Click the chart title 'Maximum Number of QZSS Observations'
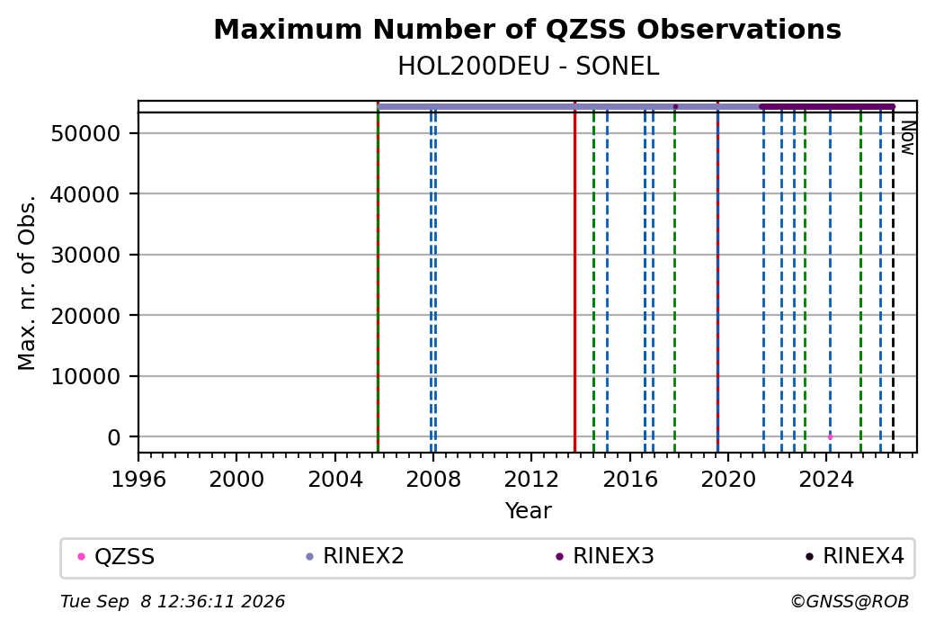pos(527,29)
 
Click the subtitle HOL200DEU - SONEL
pos(529,67)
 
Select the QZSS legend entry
pos(117,557)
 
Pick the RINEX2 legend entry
pos(355,556)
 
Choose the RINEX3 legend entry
pos(605,556)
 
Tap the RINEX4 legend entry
pos(855,556)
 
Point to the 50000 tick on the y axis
pos(86,133)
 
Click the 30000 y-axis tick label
pos(86,255)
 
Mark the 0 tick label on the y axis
pos(114,437)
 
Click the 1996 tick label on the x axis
pos(138,480)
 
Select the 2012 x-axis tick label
pos(531,480)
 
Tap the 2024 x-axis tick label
pos(826,480)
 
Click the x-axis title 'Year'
pos(529,511)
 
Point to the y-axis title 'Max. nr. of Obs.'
pos(27,283)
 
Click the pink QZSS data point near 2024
pos(830,436)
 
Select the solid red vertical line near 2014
pos(574,277)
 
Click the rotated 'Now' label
pos(907,138)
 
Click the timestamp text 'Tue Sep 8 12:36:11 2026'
pos(173,601)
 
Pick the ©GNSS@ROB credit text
pos(850,601)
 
